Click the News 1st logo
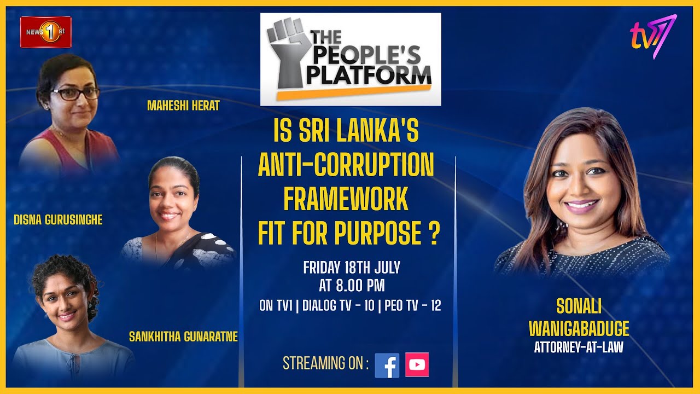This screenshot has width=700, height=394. coord(46,32)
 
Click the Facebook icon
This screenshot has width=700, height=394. coord(387,365)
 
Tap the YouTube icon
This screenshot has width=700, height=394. coord(417,365)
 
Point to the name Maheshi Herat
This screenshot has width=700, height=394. coord(183,106)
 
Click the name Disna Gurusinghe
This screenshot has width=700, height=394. coord(58,220)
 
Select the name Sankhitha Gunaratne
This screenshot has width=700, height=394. coord(183,337)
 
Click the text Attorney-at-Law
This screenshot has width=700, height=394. coord(579,347)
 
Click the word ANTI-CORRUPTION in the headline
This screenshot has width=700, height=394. coord(346,166)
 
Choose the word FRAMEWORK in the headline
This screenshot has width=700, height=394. coord(346,200)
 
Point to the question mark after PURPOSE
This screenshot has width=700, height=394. coord(433,234)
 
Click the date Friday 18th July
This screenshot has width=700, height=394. coord(352,268)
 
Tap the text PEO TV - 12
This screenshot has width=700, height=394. coord(413,306)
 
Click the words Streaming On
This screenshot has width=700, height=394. coord(325,363)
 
